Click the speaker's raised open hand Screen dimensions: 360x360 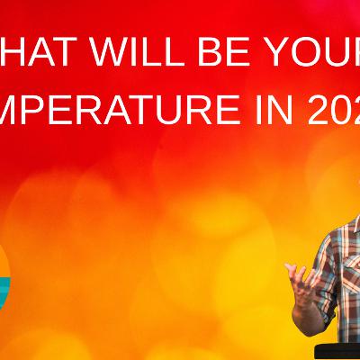(301, 274)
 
